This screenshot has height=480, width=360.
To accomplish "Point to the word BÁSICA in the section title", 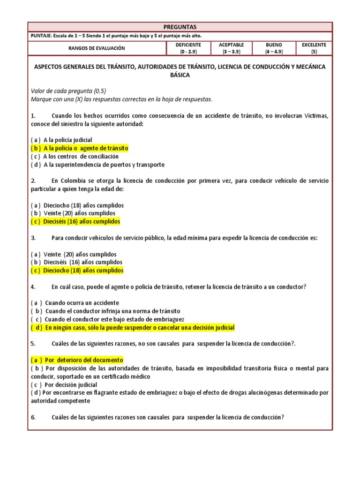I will pos(180,75).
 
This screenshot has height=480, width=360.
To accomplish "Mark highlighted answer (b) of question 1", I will pos(80,148).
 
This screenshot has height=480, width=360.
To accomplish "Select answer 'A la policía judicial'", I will pos(61,140).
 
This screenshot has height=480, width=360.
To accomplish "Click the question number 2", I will pos(33,181).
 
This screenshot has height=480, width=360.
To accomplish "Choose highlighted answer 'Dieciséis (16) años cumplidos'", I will pos(76,221).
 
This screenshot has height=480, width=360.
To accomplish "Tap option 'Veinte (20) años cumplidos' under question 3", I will pos(76,254).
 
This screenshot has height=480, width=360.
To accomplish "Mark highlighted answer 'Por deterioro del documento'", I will pos(77,360).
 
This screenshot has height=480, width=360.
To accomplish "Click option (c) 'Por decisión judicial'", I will pos(66,385).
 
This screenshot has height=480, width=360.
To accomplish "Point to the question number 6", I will pos(33,417).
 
